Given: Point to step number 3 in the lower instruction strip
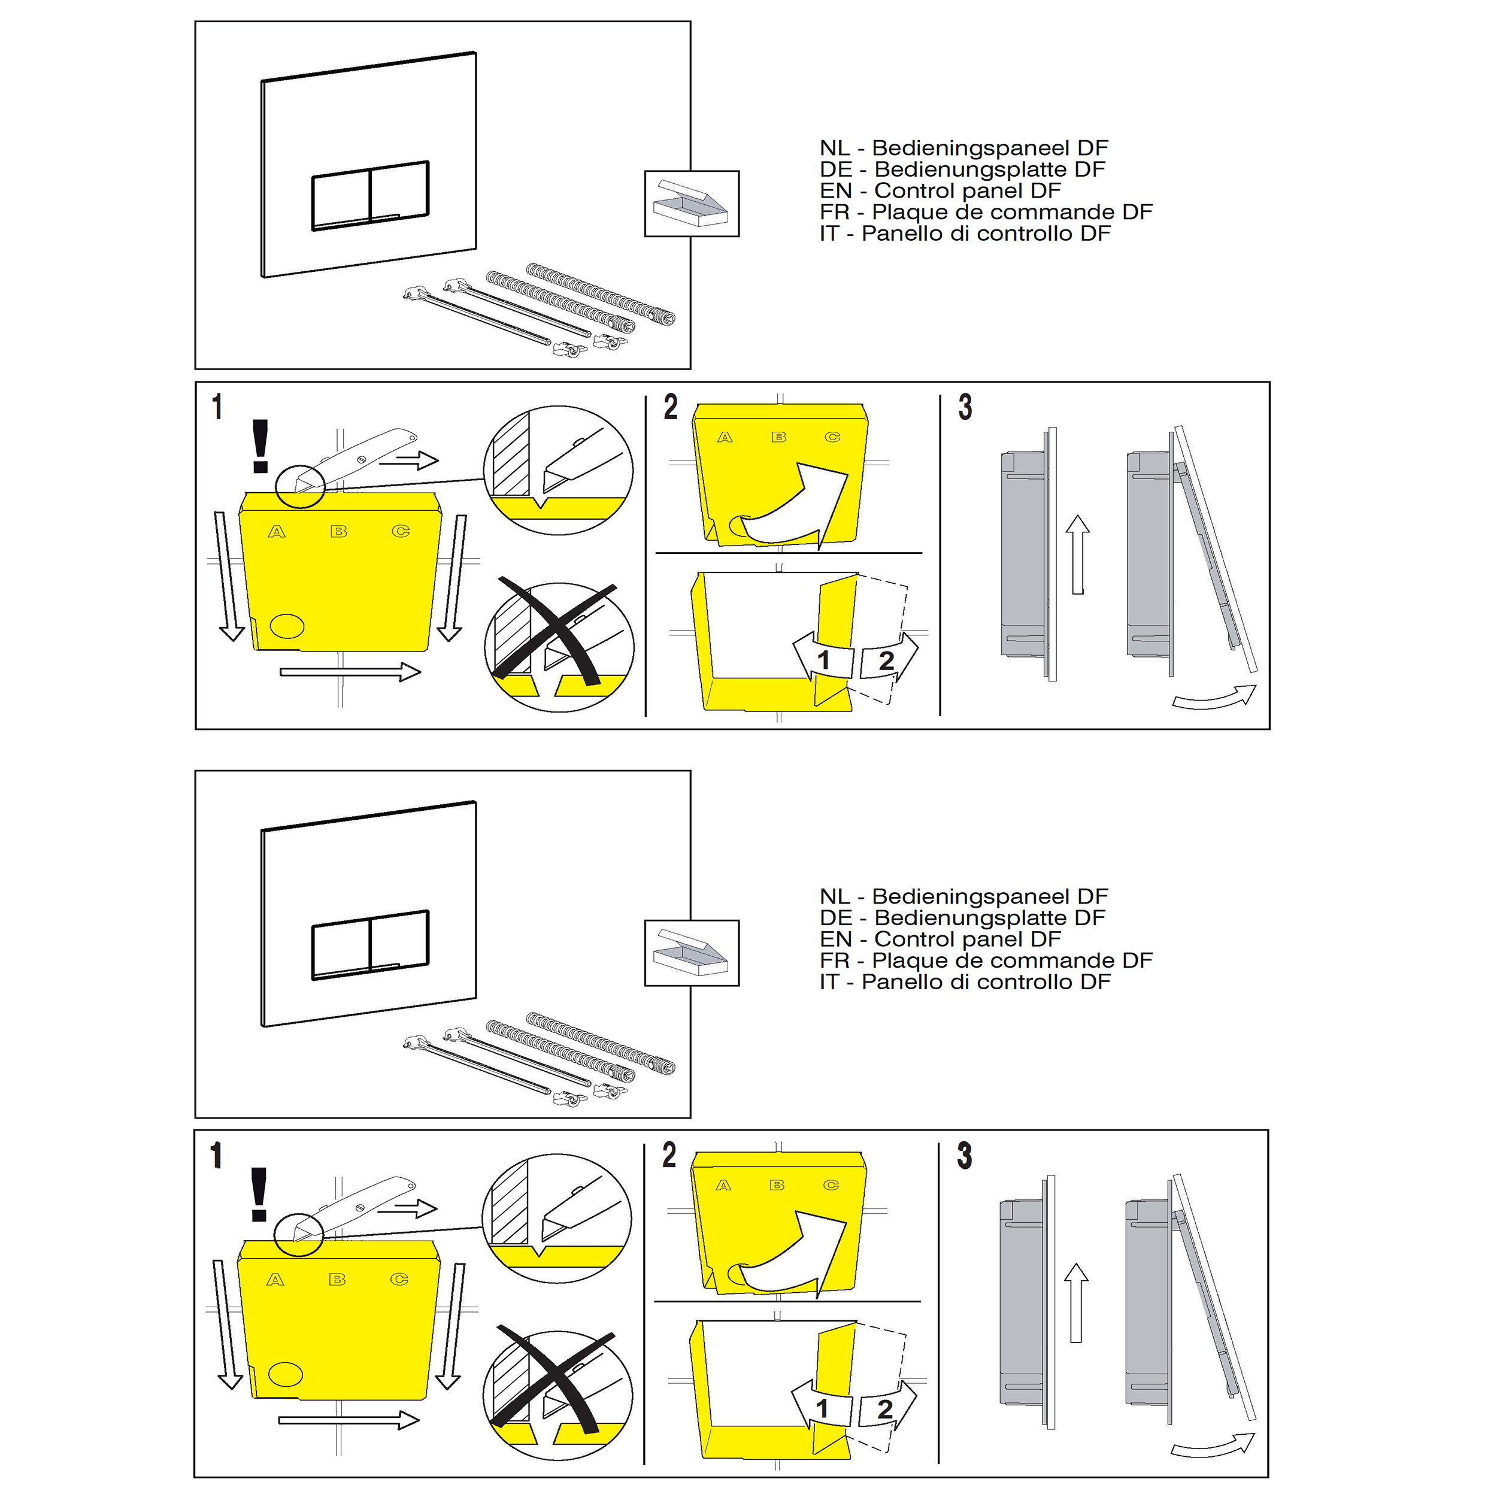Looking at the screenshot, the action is pos(965,1154).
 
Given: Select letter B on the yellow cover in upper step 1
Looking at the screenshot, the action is pos(338,532).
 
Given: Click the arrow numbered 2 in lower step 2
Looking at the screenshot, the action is pos(887,1408).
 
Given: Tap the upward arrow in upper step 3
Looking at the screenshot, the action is pos(1078,555).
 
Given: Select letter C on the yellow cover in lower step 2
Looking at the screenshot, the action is pos(831,1186).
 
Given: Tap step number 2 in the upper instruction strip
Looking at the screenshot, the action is pos(670,407).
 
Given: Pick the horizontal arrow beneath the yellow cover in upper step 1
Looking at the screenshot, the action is pos(350,671).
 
